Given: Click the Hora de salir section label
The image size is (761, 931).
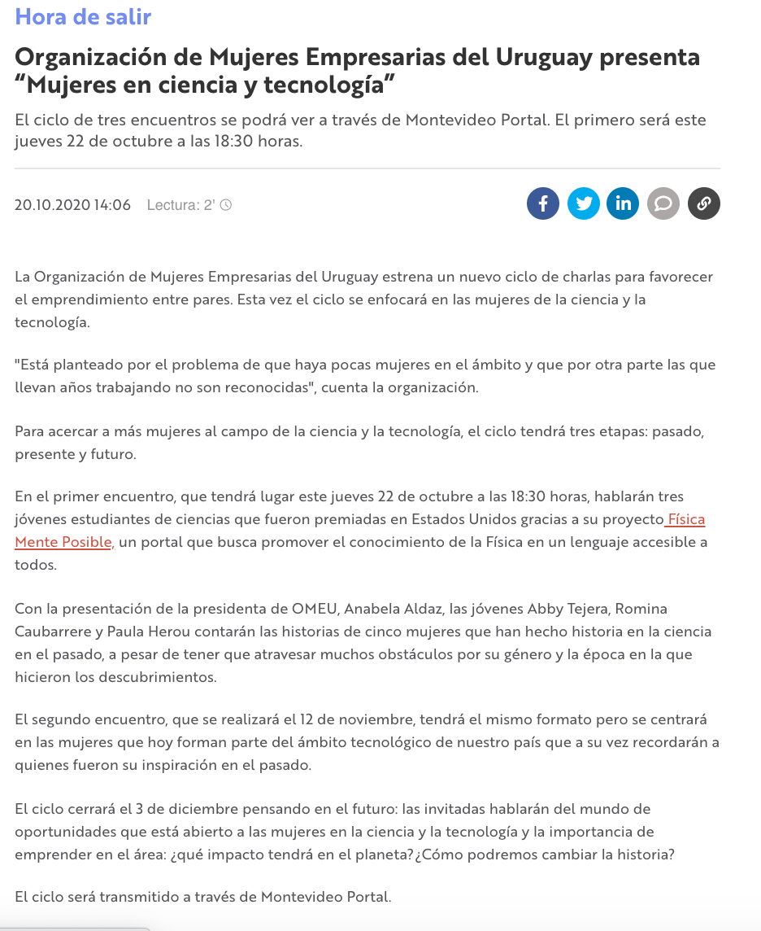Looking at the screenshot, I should (x=83, y=16).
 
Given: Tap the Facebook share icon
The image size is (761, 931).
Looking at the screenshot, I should (x=543, y=203).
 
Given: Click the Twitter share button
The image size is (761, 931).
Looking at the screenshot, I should (x=583, y=203).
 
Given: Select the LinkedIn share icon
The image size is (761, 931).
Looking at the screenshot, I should (x=623, y=203).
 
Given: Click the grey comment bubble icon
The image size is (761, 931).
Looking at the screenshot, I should (x=663, y=203).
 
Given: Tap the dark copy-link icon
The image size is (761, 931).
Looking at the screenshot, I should (x=704, y=203).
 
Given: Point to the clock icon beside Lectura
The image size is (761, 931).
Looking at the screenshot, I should (x=226, y=205).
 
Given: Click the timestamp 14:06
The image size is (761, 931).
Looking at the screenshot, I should (x=112, y=205).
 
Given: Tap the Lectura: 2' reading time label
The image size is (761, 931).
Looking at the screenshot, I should (x=180, y=205).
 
